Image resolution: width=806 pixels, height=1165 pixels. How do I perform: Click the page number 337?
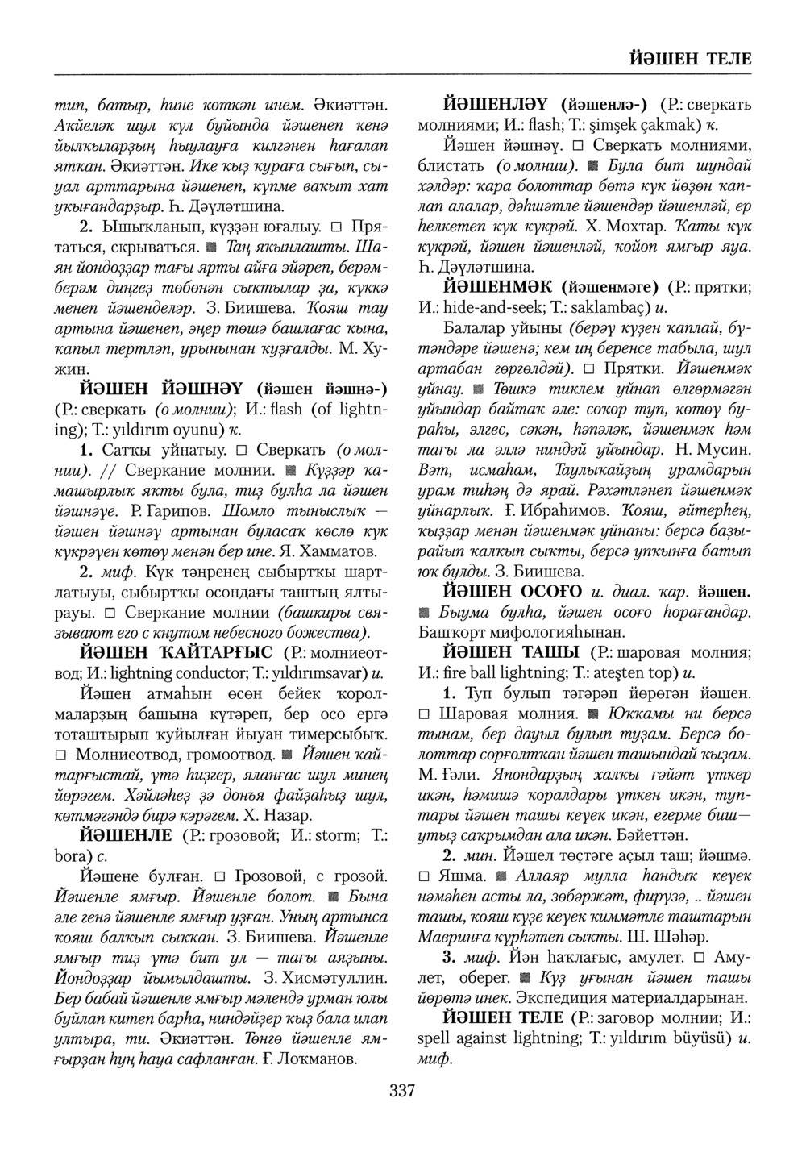401,1092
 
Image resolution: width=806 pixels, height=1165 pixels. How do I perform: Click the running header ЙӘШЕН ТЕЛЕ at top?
688,59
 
